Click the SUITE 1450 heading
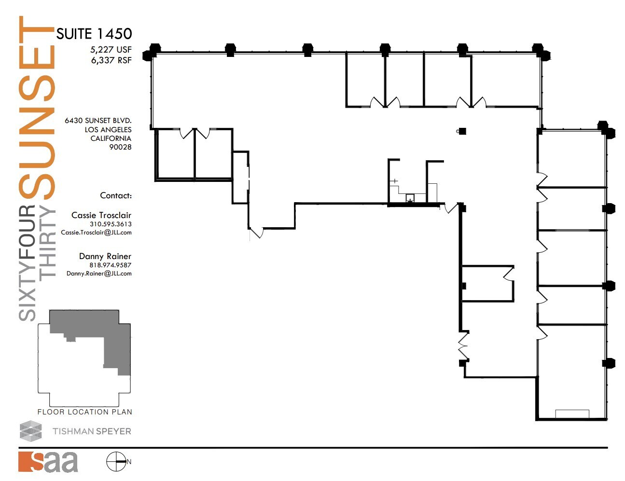coord(94,34)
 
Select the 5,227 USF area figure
coord(111,50)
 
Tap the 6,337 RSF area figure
coord(111,60)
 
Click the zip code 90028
coord(120,147)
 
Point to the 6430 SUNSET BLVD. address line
coord(98,121)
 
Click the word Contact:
coord(116,195)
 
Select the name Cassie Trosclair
coord(101,215)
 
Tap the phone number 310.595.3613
coord(111,224)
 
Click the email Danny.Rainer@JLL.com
coord(99,274)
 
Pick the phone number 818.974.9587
coord(110,265)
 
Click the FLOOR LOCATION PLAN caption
coord(84,412)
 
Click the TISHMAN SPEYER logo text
coord(92,431)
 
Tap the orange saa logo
coord(48,462)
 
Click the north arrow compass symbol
coord(116,462)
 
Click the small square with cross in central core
coord(410,197)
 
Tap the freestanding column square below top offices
coord(462,131)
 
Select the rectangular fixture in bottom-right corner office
coord(572,414)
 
